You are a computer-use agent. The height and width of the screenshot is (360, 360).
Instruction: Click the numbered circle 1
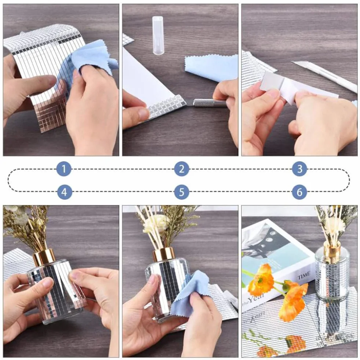[64, 169]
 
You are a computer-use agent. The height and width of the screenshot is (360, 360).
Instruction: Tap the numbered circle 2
[182, 169]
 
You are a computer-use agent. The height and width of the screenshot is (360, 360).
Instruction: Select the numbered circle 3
[299, 169]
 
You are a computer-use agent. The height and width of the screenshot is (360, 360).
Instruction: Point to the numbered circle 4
[65, 192]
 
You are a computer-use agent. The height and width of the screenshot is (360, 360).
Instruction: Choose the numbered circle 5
[182, 192]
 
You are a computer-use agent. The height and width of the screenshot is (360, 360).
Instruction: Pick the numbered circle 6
[299, 192]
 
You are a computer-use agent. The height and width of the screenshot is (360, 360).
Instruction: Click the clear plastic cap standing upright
[158, 35]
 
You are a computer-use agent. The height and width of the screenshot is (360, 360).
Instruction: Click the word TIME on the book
[304, 275]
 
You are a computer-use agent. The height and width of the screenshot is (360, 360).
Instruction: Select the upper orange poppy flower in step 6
[260, 279]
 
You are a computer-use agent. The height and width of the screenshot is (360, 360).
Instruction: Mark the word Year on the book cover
[257, 298]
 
